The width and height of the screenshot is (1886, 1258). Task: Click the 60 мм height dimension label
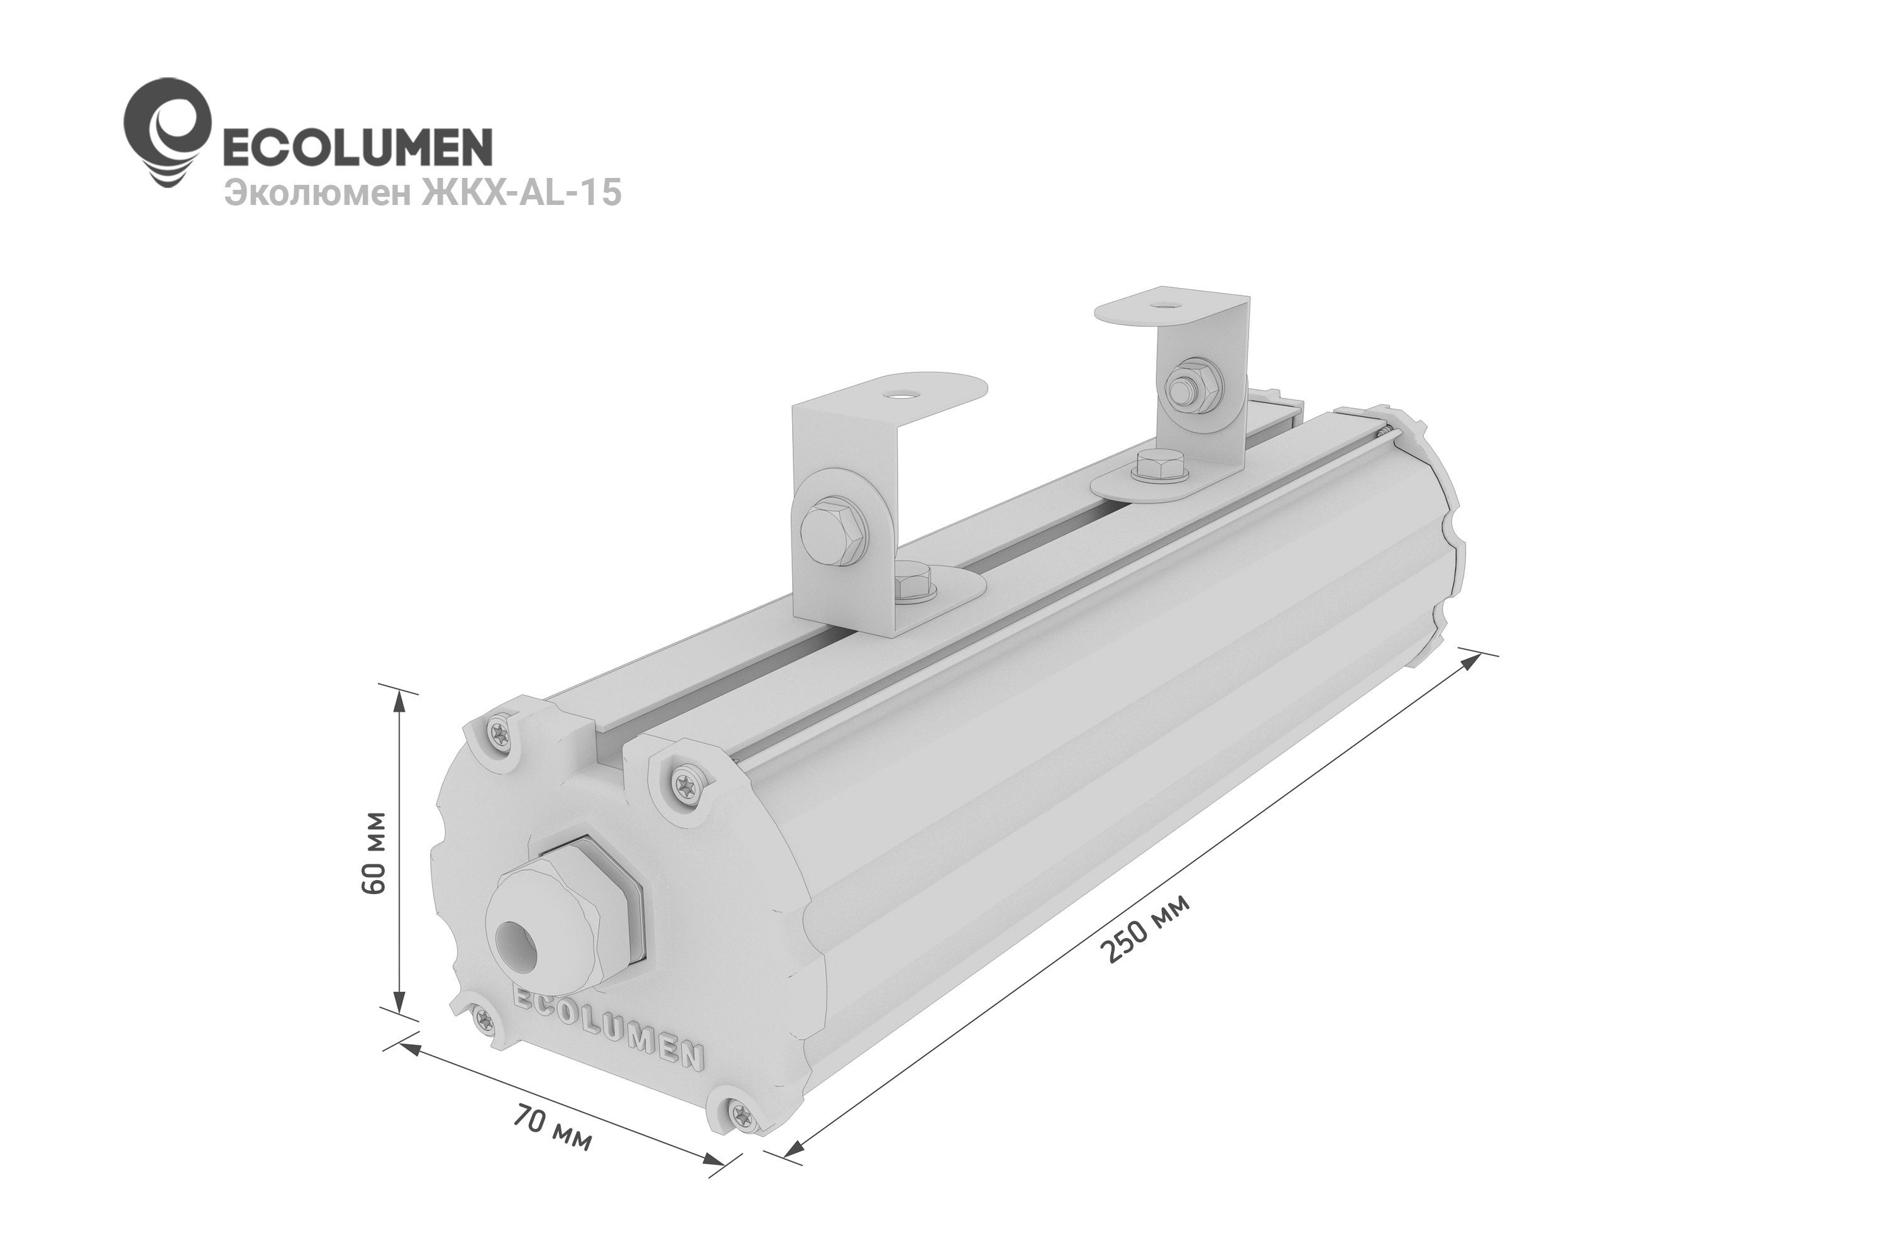(x=375, y=853)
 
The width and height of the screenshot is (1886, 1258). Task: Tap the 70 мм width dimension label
(x=553, y=1127)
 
